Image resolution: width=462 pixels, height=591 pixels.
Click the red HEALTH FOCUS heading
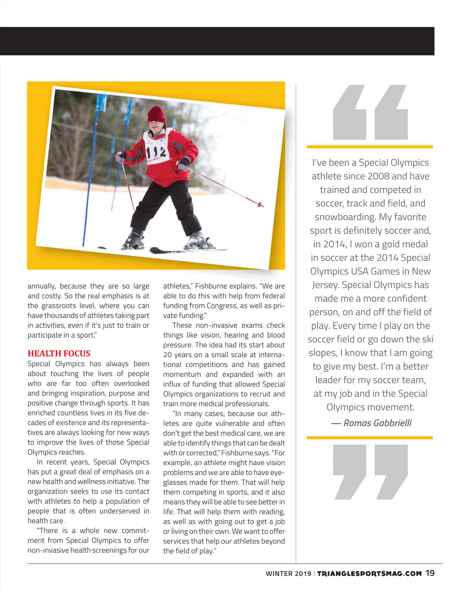[59, 353]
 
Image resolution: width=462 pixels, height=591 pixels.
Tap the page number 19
[430, 573]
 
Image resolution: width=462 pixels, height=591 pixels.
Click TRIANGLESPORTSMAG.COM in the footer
[369, 573]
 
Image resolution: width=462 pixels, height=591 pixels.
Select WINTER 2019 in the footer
[288, 574]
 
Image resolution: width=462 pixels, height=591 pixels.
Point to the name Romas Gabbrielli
[377, 423]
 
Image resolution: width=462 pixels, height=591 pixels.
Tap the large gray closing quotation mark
[370, 472]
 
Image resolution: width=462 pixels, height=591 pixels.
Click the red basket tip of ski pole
[261, 204]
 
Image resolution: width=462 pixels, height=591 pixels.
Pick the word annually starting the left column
[41, 286]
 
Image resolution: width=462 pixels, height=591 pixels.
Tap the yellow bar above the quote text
[370, 147]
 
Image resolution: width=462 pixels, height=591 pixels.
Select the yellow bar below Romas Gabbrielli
[370, 438]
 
